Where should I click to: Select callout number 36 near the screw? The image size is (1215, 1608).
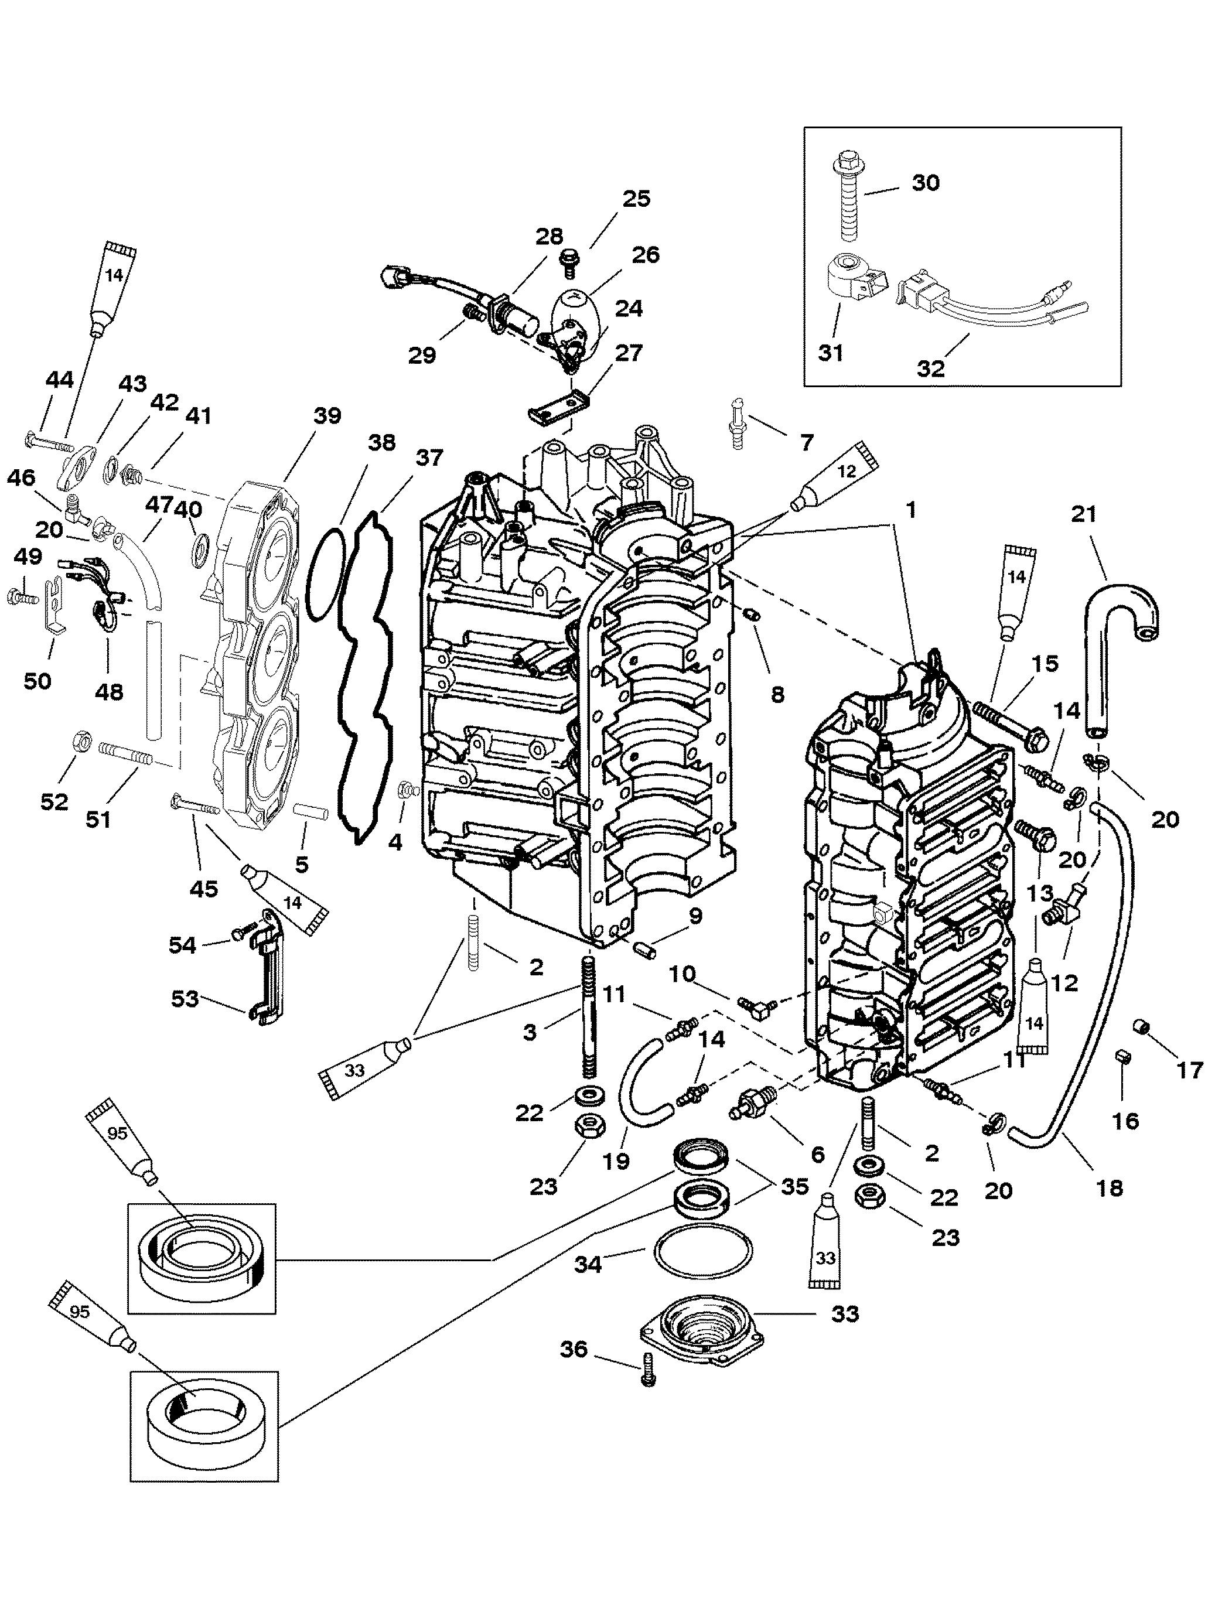pos(574,1349)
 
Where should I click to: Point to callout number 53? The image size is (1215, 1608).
pos(185,999)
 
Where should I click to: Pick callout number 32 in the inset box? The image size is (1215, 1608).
pos(931,368)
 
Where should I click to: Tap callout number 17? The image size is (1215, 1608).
pos(1189,1070)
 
